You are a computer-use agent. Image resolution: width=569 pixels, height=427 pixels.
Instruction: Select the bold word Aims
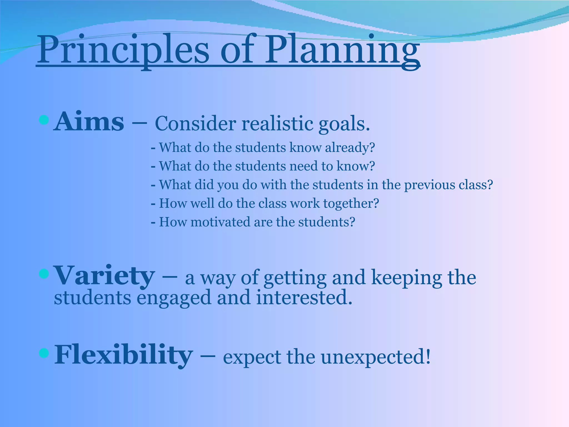[89, 121]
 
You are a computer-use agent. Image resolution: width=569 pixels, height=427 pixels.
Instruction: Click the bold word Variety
[104, 276]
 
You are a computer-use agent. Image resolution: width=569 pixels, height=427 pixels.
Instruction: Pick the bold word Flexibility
[123, 355]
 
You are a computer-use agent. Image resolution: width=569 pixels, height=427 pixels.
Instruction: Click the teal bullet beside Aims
[44, 120]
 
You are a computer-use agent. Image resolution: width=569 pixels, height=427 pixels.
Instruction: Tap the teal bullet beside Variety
[44, 274]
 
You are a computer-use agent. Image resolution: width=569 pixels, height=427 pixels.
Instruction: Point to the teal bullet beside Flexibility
[44, 353]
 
